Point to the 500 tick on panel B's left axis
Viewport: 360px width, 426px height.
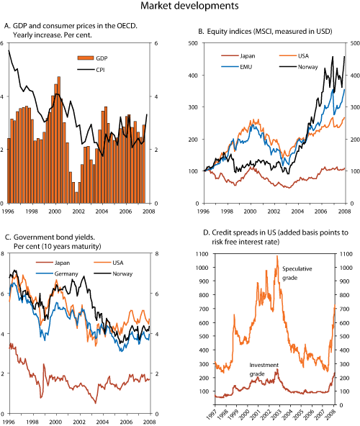pyautogui.click(x=193, y=43)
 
